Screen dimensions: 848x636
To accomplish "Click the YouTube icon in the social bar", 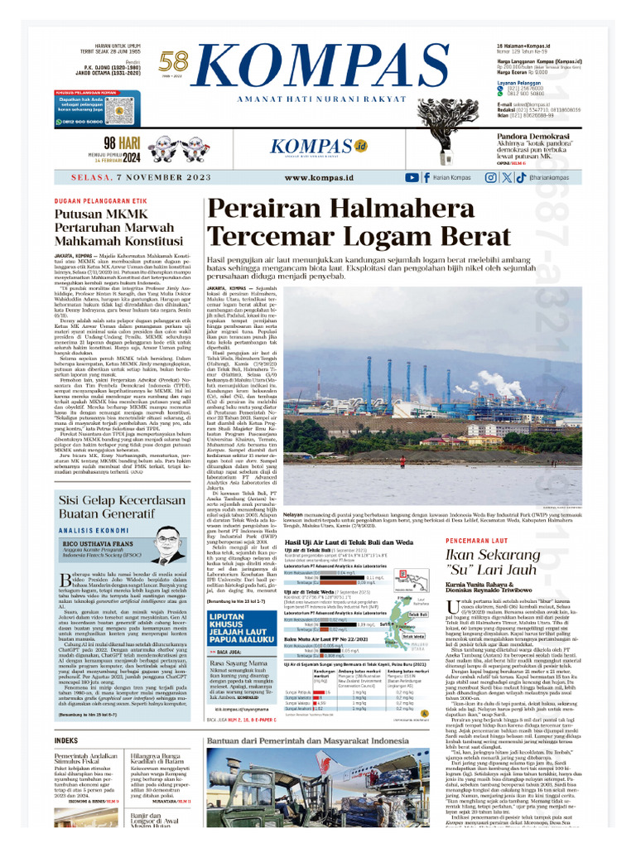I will (412, 177).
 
